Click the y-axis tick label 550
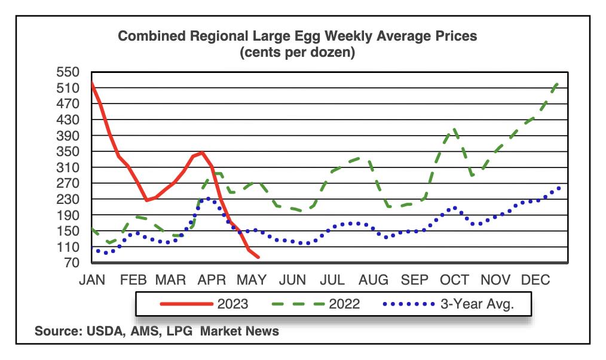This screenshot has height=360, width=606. (68, 72)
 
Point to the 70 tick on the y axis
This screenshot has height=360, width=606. (72, 263)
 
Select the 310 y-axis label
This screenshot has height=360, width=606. (68, 167)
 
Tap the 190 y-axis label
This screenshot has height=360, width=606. (68, 215)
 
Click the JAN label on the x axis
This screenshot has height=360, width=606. (92, 280)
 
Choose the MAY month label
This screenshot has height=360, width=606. (252, 280)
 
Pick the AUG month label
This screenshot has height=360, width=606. (374, 280)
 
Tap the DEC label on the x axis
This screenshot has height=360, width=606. (535, 280)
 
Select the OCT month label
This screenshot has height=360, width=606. (454, 280)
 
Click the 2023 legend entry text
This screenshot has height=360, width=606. (232, 304)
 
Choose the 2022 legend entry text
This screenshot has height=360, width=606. (344, 304)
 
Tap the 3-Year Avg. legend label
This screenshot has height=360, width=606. (478, 304)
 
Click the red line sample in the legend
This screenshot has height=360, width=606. (186, 304)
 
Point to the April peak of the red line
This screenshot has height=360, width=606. (201, 152)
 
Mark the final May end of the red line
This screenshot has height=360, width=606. (258, 257)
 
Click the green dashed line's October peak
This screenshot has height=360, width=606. (454, 129)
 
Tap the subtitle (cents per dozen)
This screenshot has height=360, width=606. (297, 52)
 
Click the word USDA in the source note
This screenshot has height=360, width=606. (103, 331)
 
